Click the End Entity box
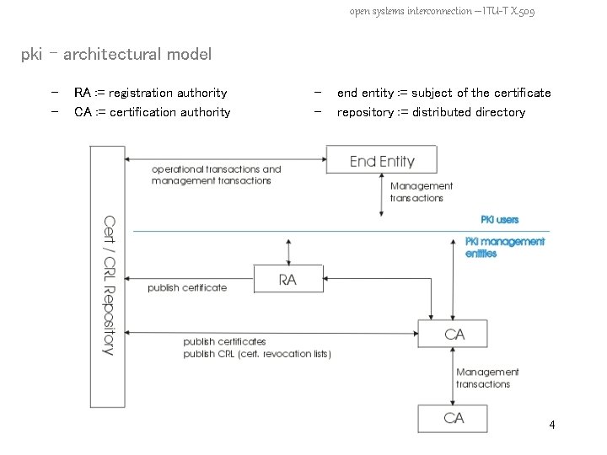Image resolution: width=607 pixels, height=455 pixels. (382, 161)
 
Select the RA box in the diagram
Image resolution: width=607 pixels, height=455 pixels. (288, 279)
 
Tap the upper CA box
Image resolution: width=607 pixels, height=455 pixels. (454, 335)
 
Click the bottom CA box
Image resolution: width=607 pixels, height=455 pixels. (454, 419)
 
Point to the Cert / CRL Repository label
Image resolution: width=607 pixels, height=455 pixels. (108, 286)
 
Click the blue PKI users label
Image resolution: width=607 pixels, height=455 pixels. (499, 220)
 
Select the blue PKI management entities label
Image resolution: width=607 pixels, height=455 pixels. (505, 247)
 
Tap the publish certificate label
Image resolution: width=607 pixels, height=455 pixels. (187, 288)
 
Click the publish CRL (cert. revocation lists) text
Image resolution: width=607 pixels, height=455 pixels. (257, 354)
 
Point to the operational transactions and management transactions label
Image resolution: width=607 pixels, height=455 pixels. (216, 174)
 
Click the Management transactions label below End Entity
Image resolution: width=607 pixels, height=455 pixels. (421, 192)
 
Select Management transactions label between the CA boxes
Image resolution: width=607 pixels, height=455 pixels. (486, 377)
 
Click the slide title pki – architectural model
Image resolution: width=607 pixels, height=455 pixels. (116, 55)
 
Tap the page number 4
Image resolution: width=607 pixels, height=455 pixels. (551, 425)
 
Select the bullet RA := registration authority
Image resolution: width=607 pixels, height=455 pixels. (150, 93)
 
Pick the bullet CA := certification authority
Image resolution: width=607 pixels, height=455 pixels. (152, 112)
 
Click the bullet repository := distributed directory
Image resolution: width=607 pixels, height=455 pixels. (431, 112)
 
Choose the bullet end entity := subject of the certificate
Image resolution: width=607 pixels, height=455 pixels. (443, 93)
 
